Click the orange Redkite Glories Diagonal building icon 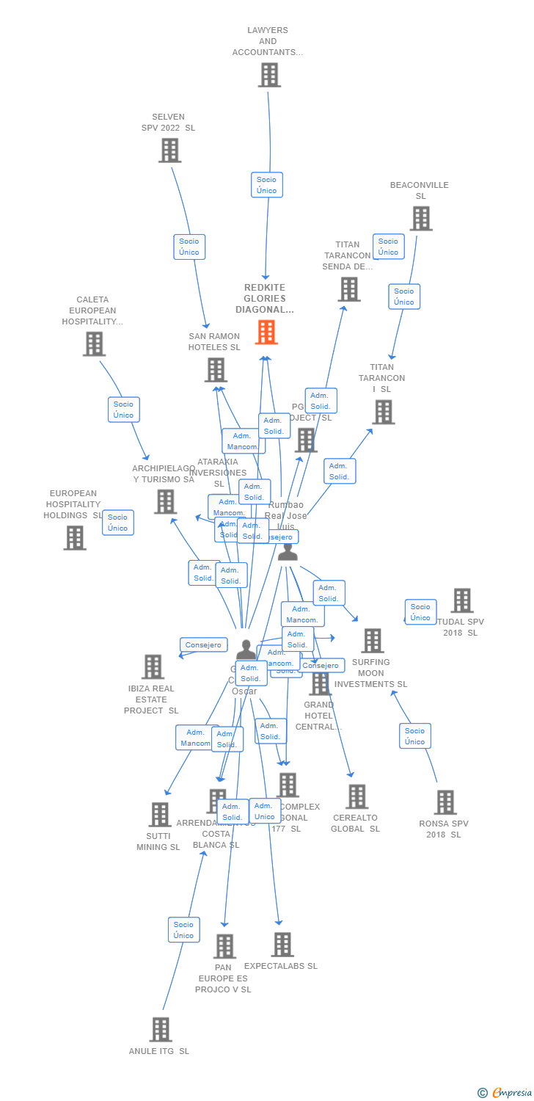[266, 333]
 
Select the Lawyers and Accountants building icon [269, 75]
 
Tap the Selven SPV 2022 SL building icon [169, 150]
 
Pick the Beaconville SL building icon [420, 219]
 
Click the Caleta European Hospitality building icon [94, 344]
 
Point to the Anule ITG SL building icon [161, 1029]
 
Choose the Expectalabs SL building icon [282, 945]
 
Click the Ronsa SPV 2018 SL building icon [445, 802]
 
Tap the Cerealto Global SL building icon [356, 796]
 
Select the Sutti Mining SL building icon [160, 815]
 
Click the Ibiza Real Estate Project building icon [153, 667]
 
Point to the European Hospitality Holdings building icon [75, 538]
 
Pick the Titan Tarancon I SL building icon [383, 413]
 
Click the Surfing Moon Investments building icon [373, 641]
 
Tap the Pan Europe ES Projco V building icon [224, 946]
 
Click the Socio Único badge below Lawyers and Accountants [266, 185]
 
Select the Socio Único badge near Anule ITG [183, 930]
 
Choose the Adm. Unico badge [264, 811]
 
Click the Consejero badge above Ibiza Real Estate [203, 645]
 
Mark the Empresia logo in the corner [506, 1093]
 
